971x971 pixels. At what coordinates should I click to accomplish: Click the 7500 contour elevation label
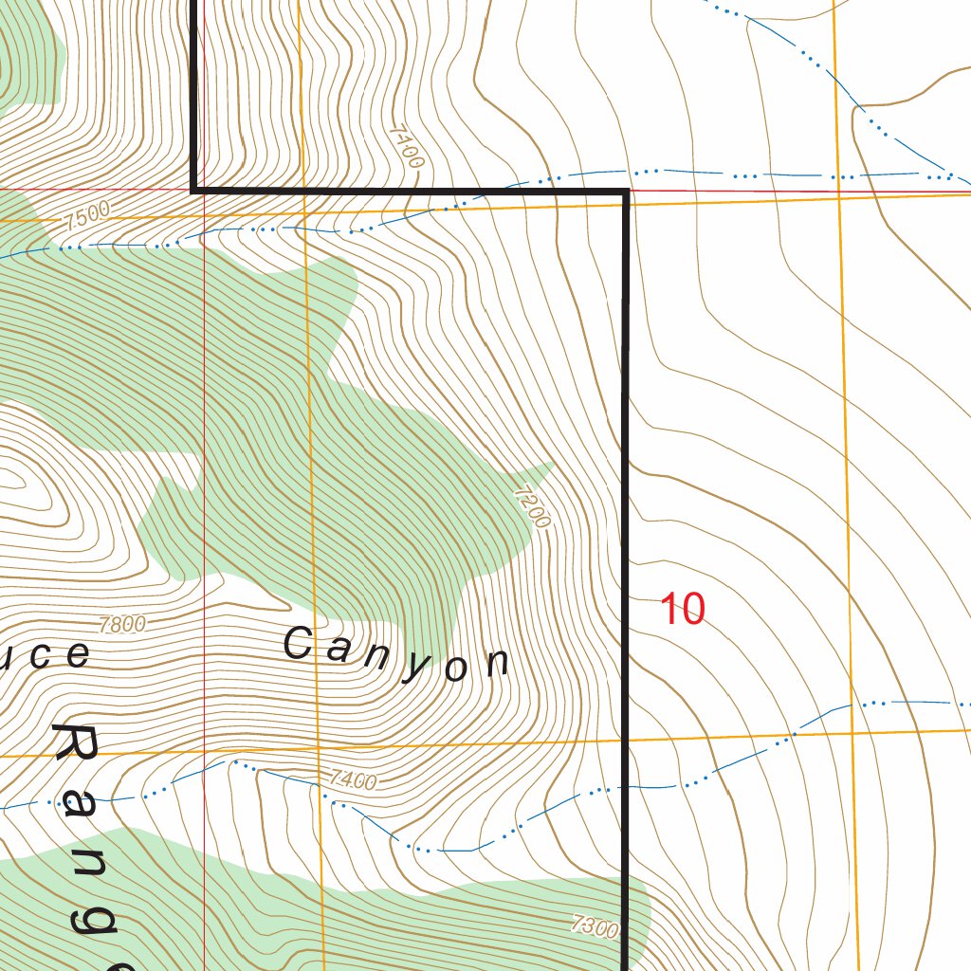[x=87, y=214]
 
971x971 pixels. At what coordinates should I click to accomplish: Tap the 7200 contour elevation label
[x=531, y=506]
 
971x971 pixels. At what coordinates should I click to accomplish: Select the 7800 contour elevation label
[x=122, y=624]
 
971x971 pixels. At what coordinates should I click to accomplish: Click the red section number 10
[x=682, y=609]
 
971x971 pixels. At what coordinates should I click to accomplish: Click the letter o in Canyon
[x=455, y=668]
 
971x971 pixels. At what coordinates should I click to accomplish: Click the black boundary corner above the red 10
[x=626, y=192]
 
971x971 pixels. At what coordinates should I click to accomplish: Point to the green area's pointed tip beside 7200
[x=553, y=464]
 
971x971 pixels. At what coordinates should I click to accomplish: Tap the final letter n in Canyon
[x=495, y=663]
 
